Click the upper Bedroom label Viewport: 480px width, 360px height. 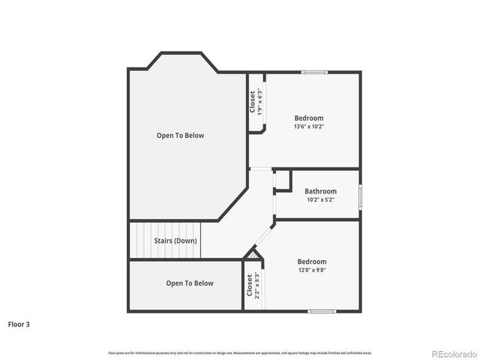(x=309, y=118)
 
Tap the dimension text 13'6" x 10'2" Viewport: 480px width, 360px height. (x=309, y=127)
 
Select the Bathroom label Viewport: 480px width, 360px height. (x=320, y=191)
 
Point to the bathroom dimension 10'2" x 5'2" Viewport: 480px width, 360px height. (x=320, y=199)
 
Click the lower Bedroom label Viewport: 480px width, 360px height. (x=311, y=262)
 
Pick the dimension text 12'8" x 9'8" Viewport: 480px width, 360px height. (x=311, y=270)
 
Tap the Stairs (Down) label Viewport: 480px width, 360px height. (x=175, y=241)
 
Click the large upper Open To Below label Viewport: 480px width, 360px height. (x=180, y=136)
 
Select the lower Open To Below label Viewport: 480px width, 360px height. (x=190, y=283)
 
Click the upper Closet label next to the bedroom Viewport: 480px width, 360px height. (x=252, y=102)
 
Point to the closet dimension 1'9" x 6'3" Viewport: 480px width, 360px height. (x=259, y=102)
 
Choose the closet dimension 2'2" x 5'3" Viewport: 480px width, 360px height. (x=257, y=285)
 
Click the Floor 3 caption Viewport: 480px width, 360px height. (x=19, y=325)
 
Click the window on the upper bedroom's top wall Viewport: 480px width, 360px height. (x=314, y=72)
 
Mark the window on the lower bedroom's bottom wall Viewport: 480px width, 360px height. (x=321, y=310)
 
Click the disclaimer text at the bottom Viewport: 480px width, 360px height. (x=240, y=352)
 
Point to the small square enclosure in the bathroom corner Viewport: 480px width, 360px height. (x=282, y=181)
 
